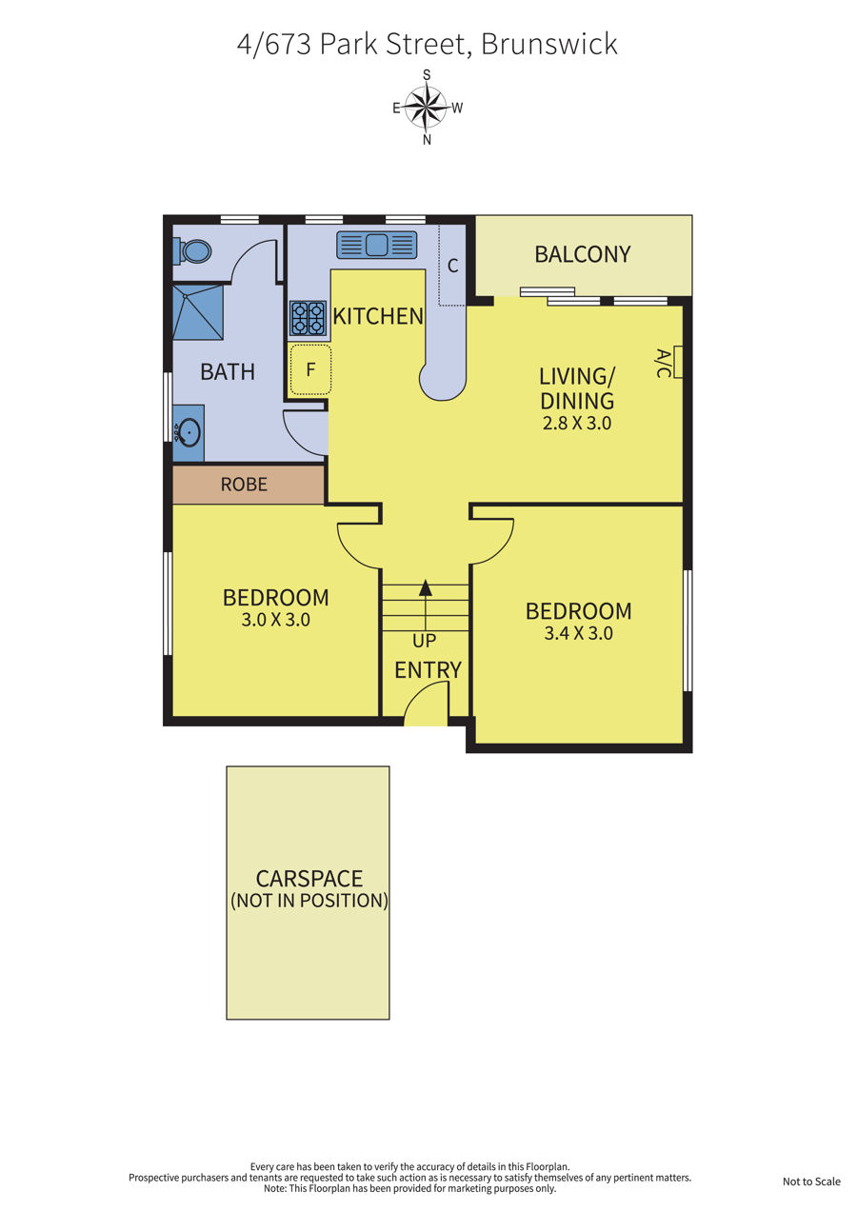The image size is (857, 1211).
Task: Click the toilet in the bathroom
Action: click(192, 251)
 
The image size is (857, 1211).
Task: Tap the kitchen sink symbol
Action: click(377, 245)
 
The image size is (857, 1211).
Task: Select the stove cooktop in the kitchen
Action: click(309, 318)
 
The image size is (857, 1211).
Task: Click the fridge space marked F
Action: click(310, 369)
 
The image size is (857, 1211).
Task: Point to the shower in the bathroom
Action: click(198, 312)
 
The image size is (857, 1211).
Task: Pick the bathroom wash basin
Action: click(189, 433)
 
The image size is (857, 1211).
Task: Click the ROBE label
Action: click(244, 485)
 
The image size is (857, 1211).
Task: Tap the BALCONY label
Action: click(583, 254)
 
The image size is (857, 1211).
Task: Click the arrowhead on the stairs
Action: click(426, 587)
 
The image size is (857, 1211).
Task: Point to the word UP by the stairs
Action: click(424, 641)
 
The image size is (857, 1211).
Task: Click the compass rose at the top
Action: click(426, 107)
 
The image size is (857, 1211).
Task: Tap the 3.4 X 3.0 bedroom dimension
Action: click(578, 633)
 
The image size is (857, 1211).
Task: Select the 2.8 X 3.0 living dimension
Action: click(577, 423)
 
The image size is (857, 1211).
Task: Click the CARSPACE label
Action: click(309, 879)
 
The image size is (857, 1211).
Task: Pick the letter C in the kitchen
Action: click(453, 266)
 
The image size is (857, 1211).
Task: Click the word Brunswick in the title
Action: click(548, 44)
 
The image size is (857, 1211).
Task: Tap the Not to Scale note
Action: click(811, 1181)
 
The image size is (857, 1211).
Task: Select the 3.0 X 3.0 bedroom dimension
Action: click(275, 620)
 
